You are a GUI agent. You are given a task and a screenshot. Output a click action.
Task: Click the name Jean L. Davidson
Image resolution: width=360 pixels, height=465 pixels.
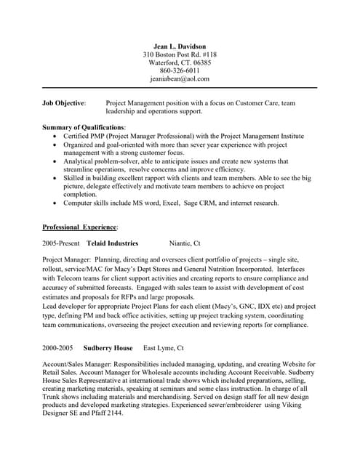pyautogui.click(x=179, y=46)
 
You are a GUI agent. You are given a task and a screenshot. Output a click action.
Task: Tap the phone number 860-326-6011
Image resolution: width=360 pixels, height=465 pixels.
pyautogui.click(x=179, y=70)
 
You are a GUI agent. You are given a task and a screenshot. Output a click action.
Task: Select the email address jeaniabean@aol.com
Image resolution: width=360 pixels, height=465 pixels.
pyautogui.click(x=179, y=78)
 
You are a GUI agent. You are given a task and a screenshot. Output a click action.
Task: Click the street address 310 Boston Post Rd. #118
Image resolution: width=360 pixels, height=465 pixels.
pyautogui.click(x=179, y=54)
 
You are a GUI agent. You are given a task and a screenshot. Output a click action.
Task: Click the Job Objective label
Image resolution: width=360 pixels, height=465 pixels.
pyautogui.click(x=64, y=103)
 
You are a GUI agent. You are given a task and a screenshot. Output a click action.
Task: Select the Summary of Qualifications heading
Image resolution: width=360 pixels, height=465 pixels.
pyautogui.click(x=84, y=128)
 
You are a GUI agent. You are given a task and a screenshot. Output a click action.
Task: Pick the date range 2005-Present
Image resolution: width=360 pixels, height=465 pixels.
pyautogui.click(x=61, y=243)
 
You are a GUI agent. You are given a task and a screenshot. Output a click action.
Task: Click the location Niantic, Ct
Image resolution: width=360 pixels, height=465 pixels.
pyautogui.click(x=185, y=243)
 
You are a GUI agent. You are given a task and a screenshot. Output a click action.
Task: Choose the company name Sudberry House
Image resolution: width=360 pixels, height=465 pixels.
pyautogui.click(x=107, y=347)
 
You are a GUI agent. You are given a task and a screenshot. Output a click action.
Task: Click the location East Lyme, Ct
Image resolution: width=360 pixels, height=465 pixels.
pyautogui.click(x=163, y=347)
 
